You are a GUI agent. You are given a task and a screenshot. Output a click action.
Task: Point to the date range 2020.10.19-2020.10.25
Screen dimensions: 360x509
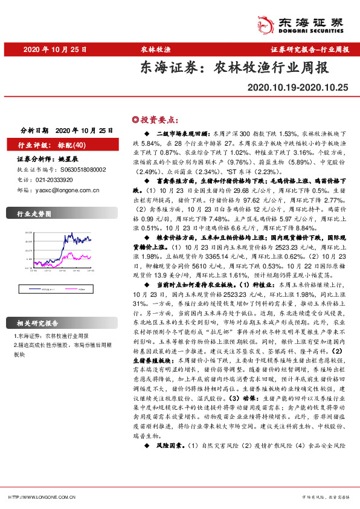point(298,88)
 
